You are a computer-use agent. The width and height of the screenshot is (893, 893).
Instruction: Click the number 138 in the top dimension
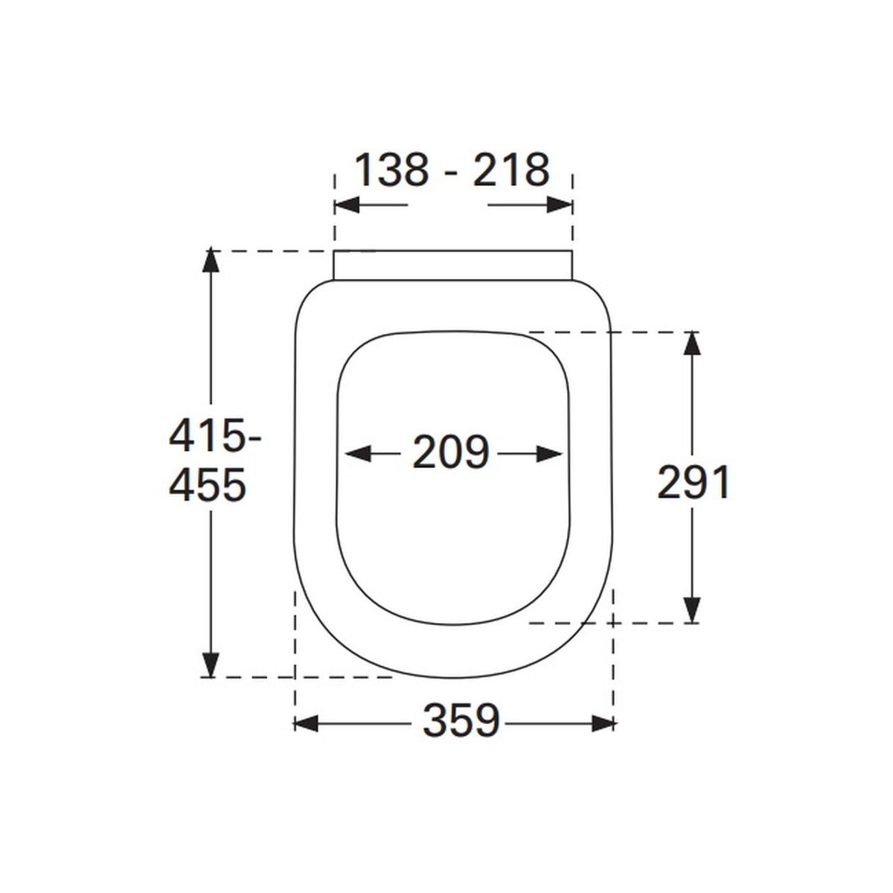pos(391,170)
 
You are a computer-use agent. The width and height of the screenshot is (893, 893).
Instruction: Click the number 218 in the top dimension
pos(511,170)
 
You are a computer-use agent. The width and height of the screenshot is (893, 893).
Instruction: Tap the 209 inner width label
pos(451,452)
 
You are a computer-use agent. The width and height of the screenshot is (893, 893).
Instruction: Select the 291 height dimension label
pos(694,484)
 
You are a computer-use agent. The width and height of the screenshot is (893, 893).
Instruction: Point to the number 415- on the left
pos(214,437)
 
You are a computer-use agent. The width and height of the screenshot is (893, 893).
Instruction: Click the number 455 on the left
pos(207,484)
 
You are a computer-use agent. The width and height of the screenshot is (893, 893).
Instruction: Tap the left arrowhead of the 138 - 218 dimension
pos(347,205)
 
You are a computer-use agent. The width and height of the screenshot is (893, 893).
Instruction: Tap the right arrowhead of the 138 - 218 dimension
pos(560,205)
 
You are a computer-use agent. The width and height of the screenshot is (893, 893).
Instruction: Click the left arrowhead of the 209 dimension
pos(358,454)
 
